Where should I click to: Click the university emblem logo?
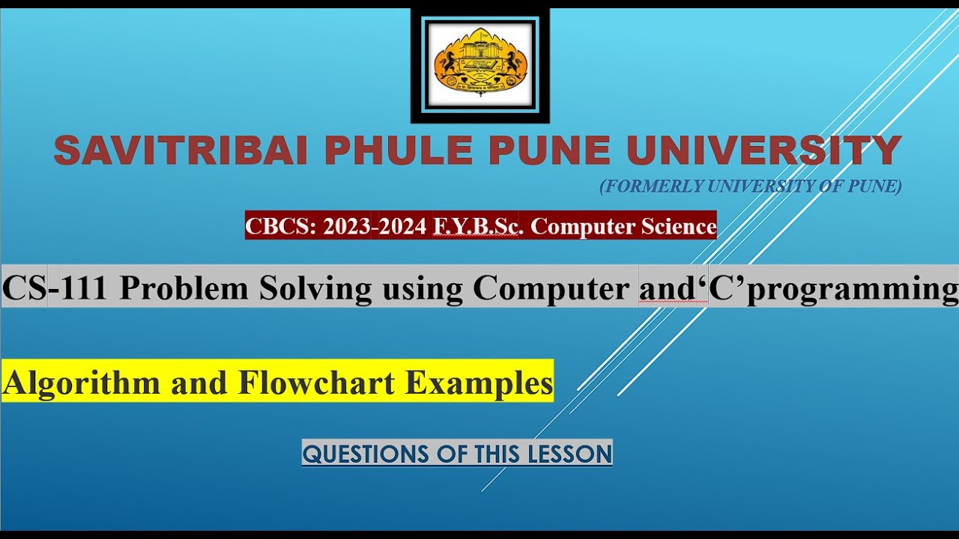point(479,64)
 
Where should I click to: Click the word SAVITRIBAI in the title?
point(181,151)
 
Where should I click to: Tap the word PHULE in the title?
point(398,151)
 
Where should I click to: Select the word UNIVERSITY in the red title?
point(763,151)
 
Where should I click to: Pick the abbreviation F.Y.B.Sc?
point(477,226)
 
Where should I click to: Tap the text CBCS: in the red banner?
point(281,226)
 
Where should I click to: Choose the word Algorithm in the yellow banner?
point(82,383)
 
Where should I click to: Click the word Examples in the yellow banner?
point(479,383)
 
